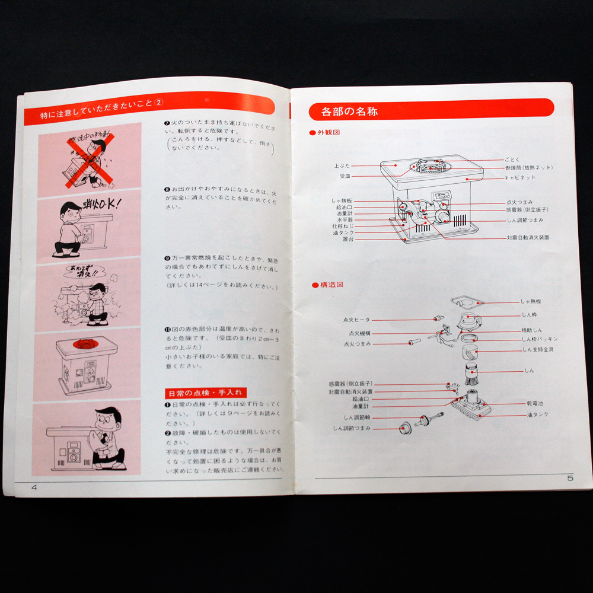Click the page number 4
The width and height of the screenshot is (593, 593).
[x=34, y=487]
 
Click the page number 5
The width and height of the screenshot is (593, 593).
[x=569, y=478]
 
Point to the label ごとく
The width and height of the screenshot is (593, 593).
[x=511, y=160]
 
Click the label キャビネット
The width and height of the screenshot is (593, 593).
[x=520, y=177]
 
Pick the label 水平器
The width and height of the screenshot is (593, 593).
[x=346, y=219]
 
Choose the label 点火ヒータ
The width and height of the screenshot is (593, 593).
[x=356, y=320]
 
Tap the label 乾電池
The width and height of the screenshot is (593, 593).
[x=534, y=403]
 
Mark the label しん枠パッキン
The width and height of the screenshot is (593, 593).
[x=539, y=339]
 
